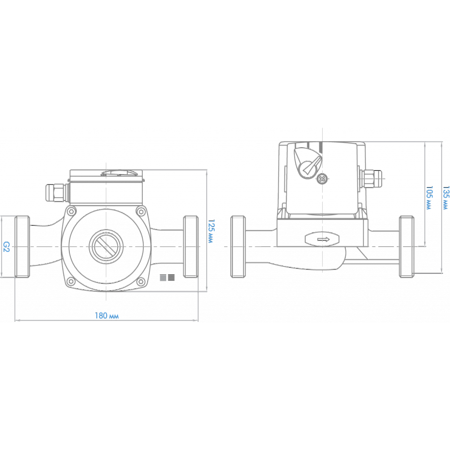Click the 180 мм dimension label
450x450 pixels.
[107, 316]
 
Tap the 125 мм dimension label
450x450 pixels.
[211, 231]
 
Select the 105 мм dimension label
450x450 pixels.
[429, 198]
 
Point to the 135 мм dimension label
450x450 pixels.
[446, 198]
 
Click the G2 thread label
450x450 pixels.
[6, 247]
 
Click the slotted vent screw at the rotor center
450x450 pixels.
[106, 246]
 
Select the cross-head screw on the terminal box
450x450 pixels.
[322, 180]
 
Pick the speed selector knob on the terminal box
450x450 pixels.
[307, 163]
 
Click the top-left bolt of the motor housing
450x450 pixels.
[71, 212]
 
